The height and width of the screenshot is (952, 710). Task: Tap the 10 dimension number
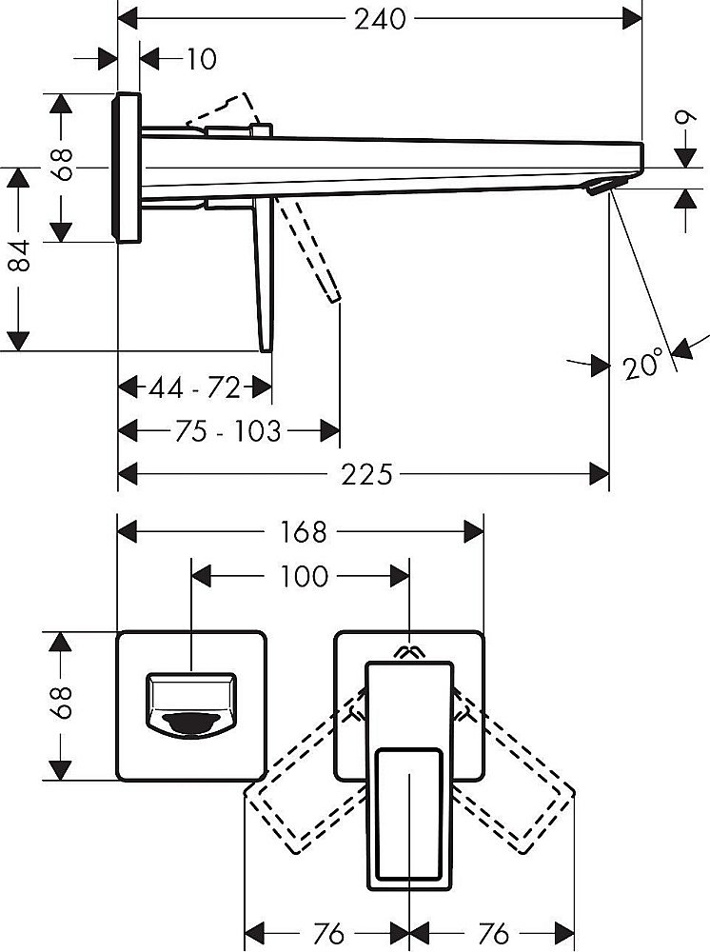pyautogui.click(x=201, y=59)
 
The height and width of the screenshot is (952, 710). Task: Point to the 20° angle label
pyautogui.click(x=644, y=365)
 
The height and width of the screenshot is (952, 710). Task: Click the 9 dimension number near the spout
pyautogui.click(x=681, y=121)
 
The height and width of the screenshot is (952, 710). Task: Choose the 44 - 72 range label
pyautogui.click(x=195, y=387)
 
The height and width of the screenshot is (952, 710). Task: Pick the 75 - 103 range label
pyautogui.click(x=228, y=431)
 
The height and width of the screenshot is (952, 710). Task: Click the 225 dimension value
pyautogui.click(x=367, y=473)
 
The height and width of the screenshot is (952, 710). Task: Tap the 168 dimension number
pyautogui.click(x=301, y=531)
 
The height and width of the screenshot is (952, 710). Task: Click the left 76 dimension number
pyautogui.click(x=326, y=931)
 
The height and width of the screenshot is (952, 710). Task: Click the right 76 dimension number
pyautogui.click(x=492, y=931)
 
